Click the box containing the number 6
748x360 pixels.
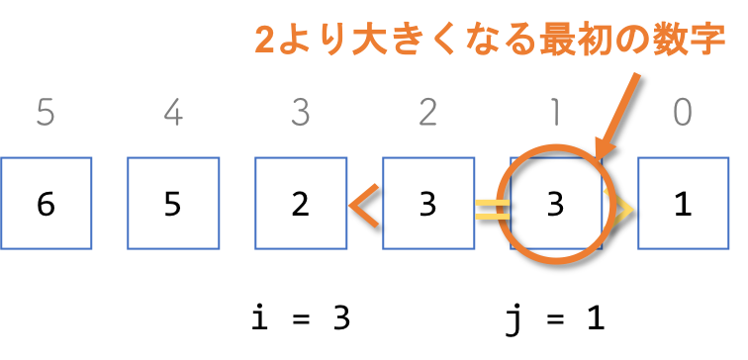(x=46, y=204)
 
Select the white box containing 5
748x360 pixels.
(x=173, y=204)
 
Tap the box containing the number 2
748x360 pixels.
(x=301, y=204)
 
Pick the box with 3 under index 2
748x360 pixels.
(x=427, y=204)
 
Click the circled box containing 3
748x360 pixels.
(x=555, y=204)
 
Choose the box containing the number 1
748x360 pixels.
(x=683, y=204)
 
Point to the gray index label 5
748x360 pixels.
(x=46, y=113)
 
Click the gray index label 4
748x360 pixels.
(x=173, y=113)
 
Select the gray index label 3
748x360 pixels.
(x=301, y=113)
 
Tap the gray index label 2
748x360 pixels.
(x=427, y=113)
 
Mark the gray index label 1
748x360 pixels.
(x=555, y=113)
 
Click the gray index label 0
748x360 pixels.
(x=683, y=113)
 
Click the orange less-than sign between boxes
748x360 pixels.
(x=364, y=205)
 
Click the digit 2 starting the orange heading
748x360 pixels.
(x=264, y=41)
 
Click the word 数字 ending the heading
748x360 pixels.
(x=694, y=41)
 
